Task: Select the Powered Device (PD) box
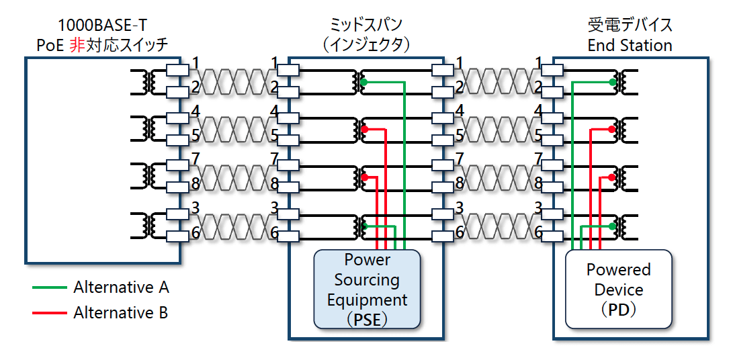click(x=618, y=289)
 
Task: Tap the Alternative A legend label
click(x=121, y=288)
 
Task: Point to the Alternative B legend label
click(x=120, y=312)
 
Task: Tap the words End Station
click(x=630, y=45)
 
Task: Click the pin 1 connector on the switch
click(x=177, y=70)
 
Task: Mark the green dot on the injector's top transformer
click(x=364, y=82)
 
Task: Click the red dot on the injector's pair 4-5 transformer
click(x=364, y=129)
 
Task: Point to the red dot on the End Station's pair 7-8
click(x=612, y=177)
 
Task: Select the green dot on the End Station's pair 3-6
click(x=612, y=226)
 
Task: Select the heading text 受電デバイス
click(x=630, y=25)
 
